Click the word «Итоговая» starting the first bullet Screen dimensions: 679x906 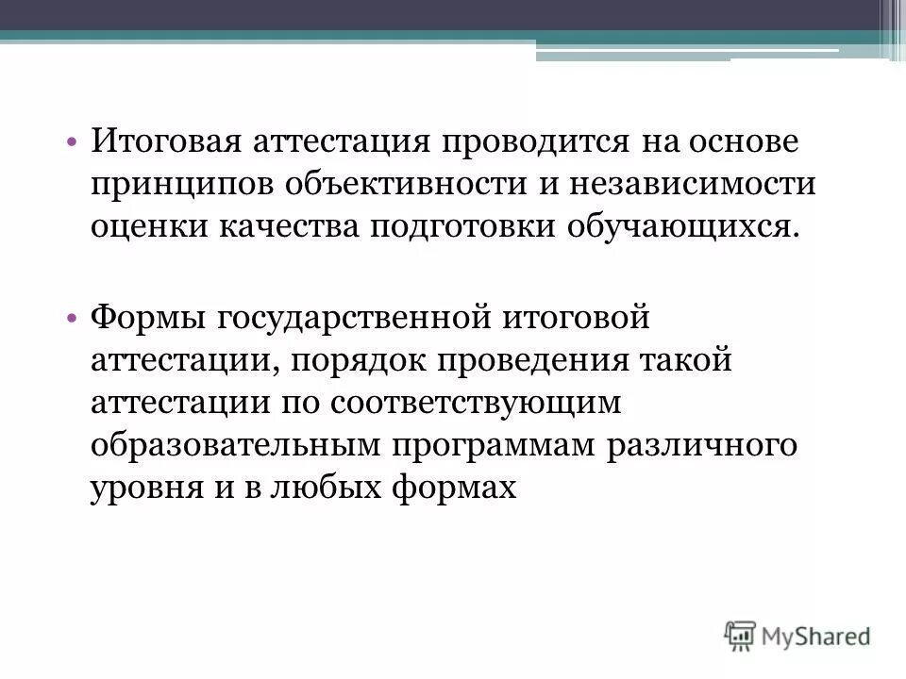[x=165, y=143]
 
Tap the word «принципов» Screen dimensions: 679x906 [x=175, y=185]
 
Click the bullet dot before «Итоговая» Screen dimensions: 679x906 [x=74, y=144]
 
